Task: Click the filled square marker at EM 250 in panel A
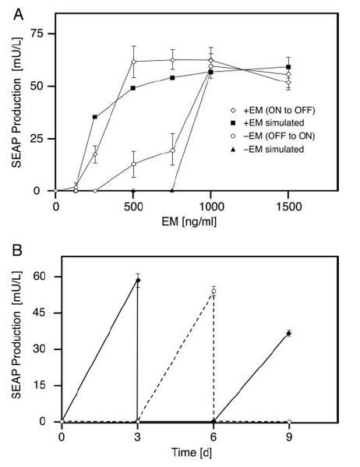(95, 117)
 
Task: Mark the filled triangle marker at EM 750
(172, 190)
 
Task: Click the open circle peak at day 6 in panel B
(214, 291)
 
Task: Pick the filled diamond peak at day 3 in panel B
(138, 279)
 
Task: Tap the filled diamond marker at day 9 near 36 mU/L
(289, 333)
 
